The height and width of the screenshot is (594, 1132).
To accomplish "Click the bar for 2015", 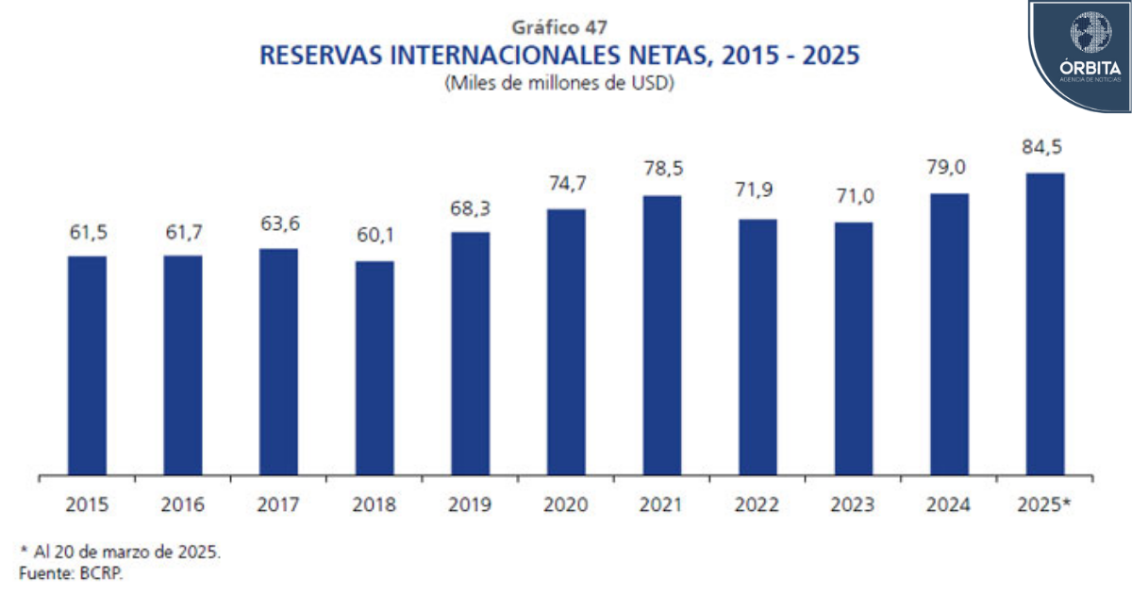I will tap(87, 365).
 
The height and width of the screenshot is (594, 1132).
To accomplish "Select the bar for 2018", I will tap(375, 368).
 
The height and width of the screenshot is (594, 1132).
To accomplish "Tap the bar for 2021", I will tap(662, 335).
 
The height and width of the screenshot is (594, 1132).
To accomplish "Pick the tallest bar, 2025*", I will tap(1045, 323).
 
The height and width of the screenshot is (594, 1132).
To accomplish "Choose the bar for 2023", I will tap(854, 348).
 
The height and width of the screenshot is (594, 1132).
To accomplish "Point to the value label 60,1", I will tap(375, 237).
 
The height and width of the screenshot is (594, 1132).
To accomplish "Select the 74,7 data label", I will tap(566, 184).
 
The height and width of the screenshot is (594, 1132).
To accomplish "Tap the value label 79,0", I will tap(949, 169).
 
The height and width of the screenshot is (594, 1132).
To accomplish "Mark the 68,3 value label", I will tap(471, 207).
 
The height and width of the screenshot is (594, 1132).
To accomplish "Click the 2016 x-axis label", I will tap(183, 504).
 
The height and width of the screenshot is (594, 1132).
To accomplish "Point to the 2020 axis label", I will tap(566, 504).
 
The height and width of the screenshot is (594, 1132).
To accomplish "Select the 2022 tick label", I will tap(757, 504).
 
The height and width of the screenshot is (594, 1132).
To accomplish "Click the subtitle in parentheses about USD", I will tap(558, 83).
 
